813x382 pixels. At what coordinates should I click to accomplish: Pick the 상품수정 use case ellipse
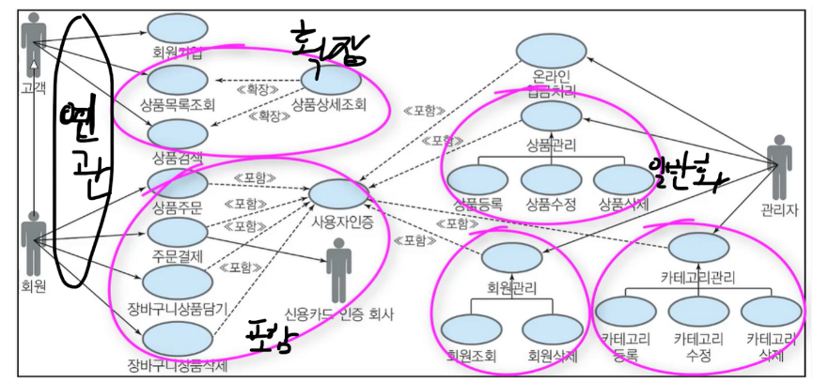551,177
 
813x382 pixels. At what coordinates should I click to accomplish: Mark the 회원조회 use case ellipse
471,328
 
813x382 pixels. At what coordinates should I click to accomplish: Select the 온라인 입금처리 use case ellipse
552,49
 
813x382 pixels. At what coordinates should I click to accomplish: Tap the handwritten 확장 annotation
321,42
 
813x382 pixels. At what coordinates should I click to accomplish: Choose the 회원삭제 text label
552,356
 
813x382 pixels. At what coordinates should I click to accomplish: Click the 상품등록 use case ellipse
477,177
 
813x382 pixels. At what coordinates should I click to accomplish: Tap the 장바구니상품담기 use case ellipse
177,280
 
